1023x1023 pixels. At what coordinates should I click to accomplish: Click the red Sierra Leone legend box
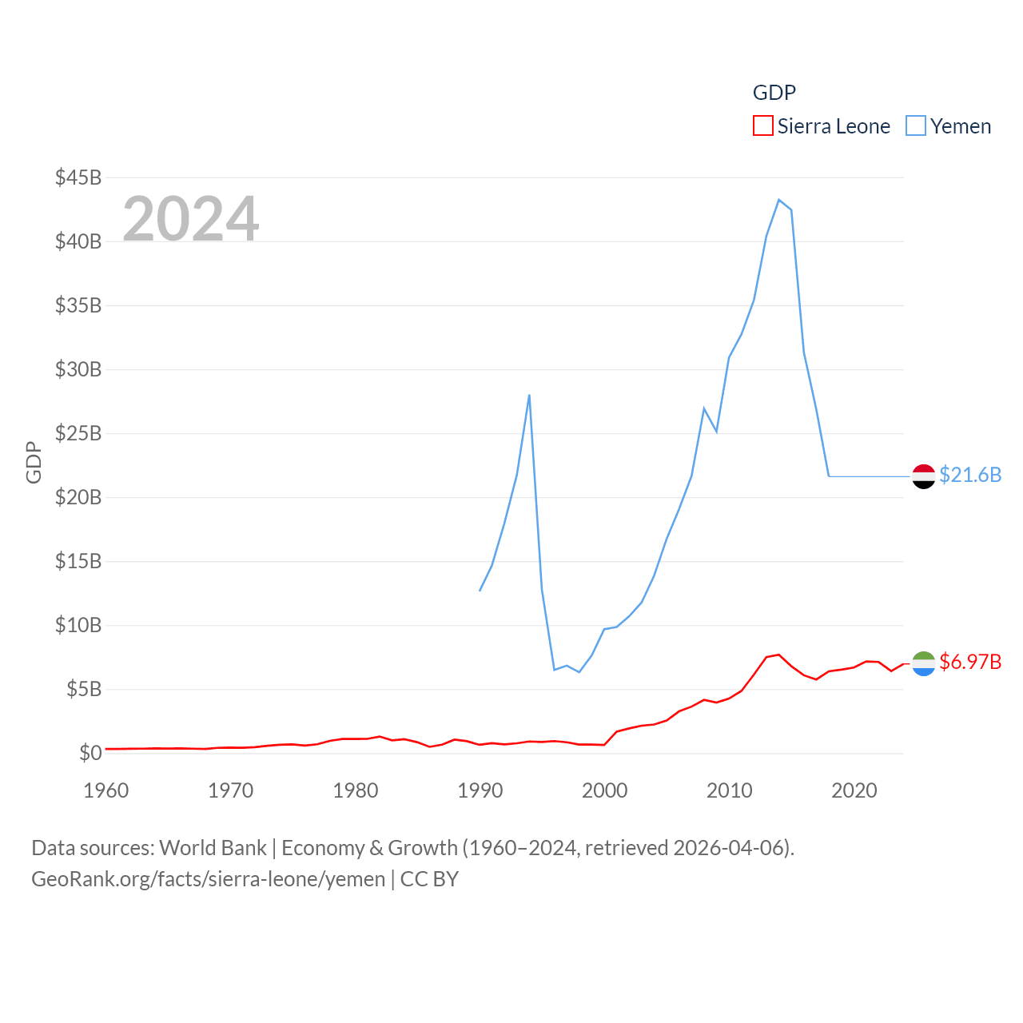pyautogui.click(x=762, y=126)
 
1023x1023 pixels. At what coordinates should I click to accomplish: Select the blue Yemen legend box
pyautogui.click(x=916, y=126)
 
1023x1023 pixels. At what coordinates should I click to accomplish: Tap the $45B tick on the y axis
pyautogui.click(x=78, y=177)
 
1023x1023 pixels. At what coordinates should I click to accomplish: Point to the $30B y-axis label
pyautogui.click(x=78, y=369)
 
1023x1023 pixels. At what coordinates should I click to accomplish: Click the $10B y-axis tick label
pyautogui.click(x=78, y=625)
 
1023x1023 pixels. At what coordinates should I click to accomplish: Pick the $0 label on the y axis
pyautogui.click(x=90, y=753)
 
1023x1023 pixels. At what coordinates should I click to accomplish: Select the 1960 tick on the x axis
pyautogui.click(x=106, y=790)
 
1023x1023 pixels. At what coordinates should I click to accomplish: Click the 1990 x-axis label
pyautogui.click(x=480, y=790)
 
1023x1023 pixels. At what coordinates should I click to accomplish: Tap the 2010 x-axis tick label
pyautogui.click(x=730, y=790)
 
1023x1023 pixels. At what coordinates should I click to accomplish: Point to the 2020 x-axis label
pyautogui.click(x=854, y=790)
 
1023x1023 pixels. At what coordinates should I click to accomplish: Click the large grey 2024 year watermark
pyautogui.click(x=191, y=218)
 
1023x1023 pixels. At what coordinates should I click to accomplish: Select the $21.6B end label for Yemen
pyautogui.click(x=970, y=475)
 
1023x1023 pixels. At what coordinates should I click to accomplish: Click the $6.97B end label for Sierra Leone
pyautogui.click(x=970, y=662)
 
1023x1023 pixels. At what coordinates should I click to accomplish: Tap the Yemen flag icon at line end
pyautogui.click(x=924, y=476)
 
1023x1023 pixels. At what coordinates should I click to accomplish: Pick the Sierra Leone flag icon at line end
pyautogui.click(x=924, y=663)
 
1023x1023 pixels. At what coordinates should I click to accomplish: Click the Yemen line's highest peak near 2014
pyautogui.click(x=778, y=200)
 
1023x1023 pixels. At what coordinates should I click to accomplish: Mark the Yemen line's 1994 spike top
pyautogui.click(x=529, y=395)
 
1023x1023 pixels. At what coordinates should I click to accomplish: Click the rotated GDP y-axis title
pyautogui.click(x=34, y=462)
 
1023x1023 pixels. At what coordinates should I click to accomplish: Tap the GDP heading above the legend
pyautogui.click(x=774, y=93)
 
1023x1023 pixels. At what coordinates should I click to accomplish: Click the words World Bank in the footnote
pyautogui.click(x=213, y=848)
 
